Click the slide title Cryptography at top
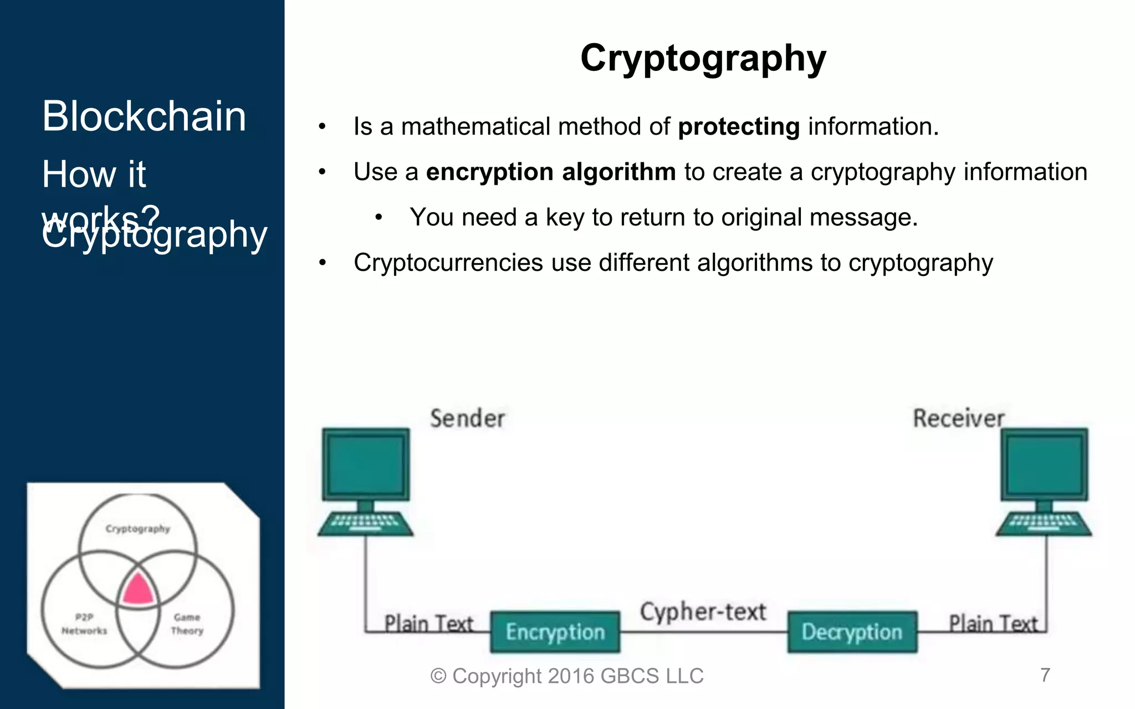(x=703, y=58)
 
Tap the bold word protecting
(x=739, y=127)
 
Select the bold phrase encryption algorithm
(x=550, y=172)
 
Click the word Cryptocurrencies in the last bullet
(x=448, y=263)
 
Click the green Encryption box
(x=555, y=632)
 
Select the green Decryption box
(x=852, y=632)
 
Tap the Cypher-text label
(x=703, y=612)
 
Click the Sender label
(x=467, y=419)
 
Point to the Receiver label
(x=958, y=419)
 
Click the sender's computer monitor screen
(x=365, y=464)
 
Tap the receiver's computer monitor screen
(x=1044, y=464)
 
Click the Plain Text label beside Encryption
(x=428, y=624)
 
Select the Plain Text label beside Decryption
(x=993, y=624)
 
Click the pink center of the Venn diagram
(x=137, y=590)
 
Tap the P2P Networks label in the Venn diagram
(x=84, y=624)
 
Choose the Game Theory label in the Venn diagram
(x=187, y=624)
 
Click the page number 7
(x=1045, y=675)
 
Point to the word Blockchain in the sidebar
(x=144, y=116)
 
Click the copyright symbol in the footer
(x=438, y=676)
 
